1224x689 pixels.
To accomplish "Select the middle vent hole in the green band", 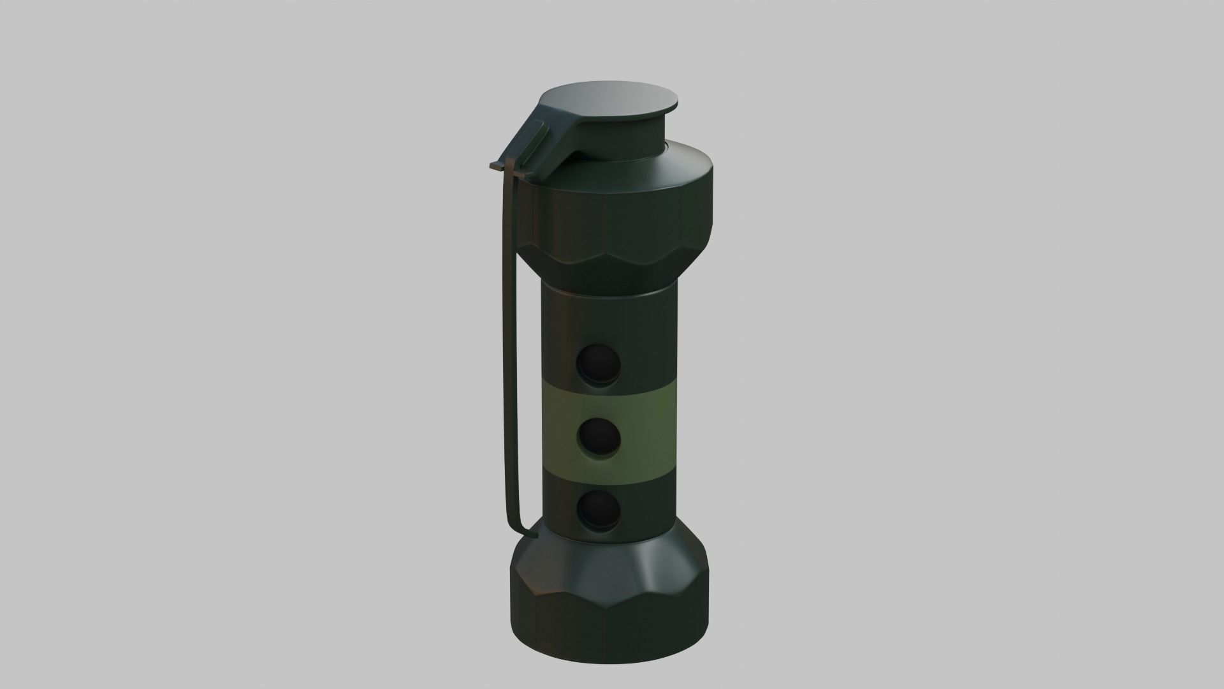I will pos(599,438).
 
